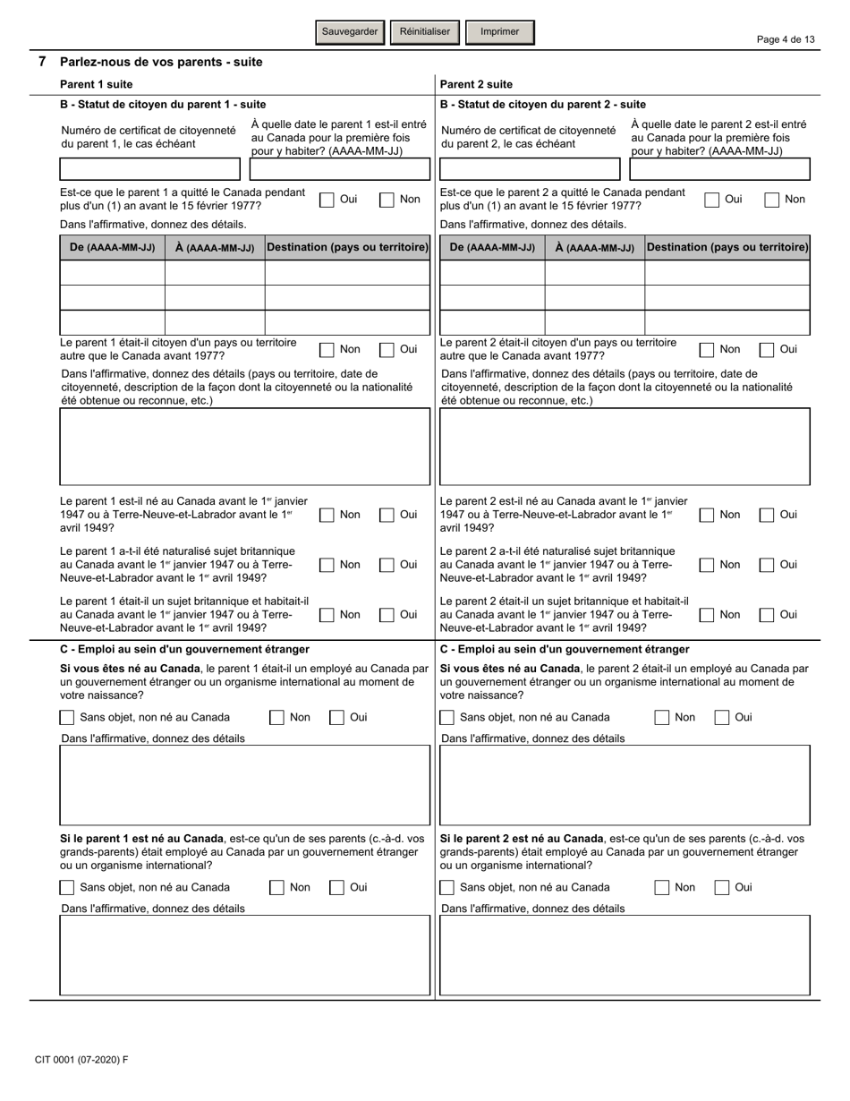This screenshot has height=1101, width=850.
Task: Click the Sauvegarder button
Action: (x=350, y=32)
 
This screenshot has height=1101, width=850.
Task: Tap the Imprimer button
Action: (x=499, y=32)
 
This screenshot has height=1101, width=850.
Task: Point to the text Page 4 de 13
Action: (x=786, y=39)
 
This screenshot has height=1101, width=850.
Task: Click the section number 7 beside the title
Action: (x=42, y=62)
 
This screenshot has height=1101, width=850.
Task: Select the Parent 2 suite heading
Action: (x=476, y=84)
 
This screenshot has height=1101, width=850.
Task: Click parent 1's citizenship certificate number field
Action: (x=149, y=169)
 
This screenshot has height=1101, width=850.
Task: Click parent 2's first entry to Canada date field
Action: (x=719, y=169)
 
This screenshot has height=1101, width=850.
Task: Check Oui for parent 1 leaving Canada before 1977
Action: (x=327, y=200)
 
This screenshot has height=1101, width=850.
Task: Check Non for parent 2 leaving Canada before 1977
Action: (x=771, y=200)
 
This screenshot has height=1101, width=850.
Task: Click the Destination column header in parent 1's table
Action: (x=347, y=247)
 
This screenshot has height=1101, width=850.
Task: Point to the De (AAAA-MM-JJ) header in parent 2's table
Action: (x=492, y=247)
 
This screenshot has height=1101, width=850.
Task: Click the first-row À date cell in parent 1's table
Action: (x=215, y=272)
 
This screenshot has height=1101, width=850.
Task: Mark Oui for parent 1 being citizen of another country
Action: (x=387, y=350)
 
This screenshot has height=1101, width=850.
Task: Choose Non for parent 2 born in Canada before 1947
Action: (x=707, y=515)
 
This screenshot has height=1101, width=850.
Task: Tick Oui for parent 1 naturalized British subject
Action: (x=387, y=565)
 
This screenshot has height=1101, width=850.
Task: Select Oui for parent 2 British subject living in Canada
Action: (x=767, y=615)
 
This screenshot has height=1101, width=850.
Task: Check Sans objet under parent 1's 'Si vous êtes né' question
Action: (x=67, y=717)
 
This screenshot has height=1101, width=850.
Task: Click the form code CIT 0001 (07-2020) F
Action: (x=81, y=1060)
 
